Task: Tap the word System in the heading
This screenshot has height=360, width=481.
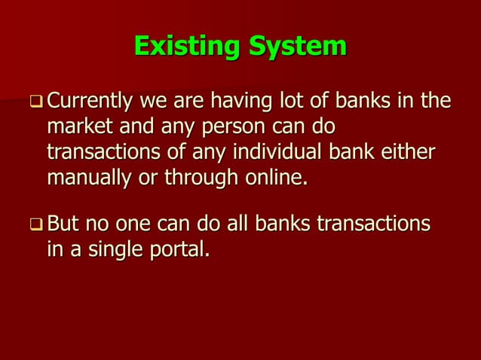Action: click(295, 47)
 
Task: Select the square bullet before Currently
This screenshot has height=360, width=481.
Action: click(37, 101)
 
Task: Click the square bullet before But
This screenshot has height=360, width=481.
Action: click(37, 224)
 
